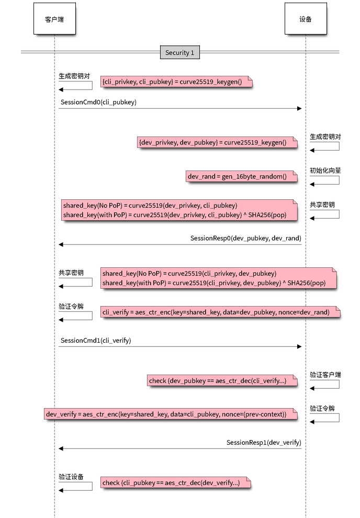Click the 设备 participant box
coord(306,19)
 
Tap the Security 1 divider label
coord(179,52)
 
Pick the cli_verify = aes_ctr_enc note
coord(220,312)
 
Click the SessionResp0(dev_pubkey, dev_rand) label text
coord(245,238)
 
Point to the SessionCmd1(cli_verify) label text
coord(96,340)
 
